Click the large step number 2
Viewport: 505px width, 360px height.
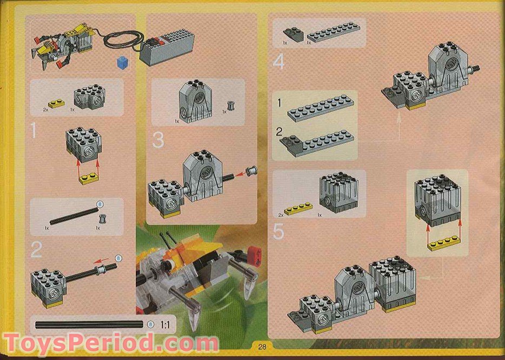37,250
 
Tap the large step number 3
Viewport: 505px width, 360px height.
158,140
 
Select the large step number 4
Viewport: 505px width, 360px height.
278,62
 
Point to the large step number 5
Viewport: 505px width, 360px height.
279,231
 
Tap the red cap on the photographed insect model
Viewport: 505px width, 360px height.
254,252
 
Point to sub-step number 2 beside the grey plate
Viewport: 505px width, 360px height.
279,131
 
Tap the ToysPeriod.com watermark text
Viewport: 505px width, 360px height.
111,343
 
